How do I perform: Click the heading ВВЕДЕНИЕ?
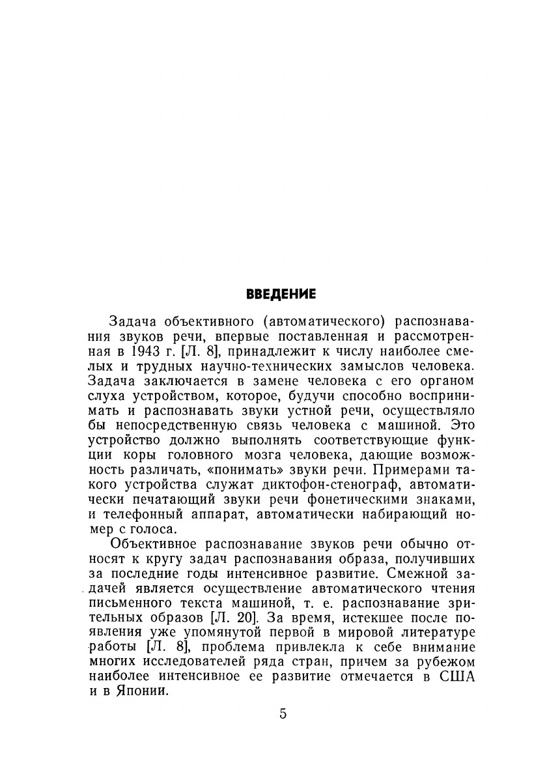281,294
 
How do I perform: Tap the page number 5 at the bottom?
283,713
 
